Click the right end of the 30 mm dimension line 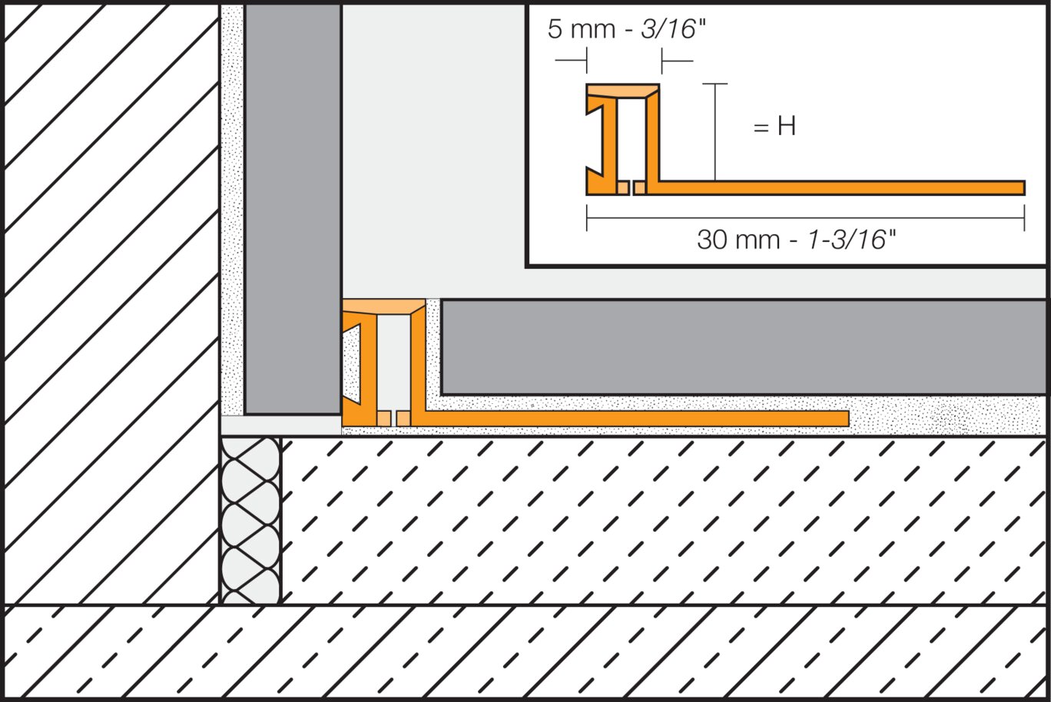point(1024,218)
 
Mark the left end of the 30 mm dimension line point(586,218)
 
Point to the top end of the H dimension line point(714,84)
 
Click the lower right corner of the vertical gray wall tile point(340,414)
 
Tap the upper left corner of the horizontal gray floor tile point(441,300)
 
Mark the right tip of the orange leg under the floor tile point(849,419)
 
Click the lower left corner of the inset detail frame point(527,267)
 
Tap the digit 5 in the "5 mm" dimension point(555,29)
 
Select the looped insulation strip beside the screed point(250,521)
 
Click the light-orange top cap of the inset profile point(623,91)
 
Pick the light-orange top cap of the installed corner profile point(384,306)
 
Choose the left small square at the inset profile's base point(622,188)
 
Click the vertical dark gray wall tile point(293,209)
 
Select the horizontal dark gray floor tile point(744,347)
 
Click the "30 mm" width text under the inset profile point(740,240)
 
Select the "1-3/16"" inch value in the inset point(851,240)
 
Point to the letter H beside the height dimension point(787,126)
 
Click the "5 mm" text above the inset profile point(582,29)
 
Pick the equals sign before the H point(761,127)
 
